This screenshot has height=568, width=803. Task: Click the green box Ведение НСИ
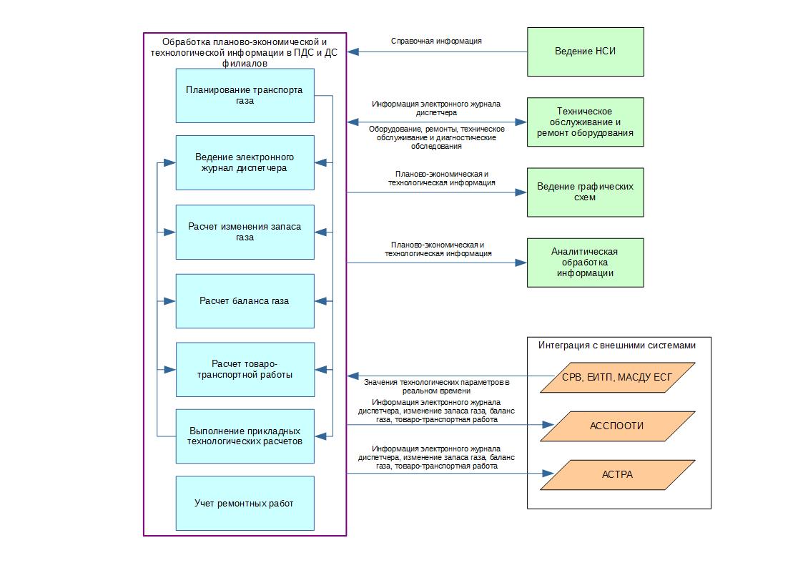click(x=586, y=52)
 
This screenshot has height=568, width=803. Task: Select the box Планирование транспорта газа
click(x=245, y=95)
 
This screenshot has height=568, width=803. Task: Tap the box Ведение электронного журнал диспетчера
click(x=245, y=163)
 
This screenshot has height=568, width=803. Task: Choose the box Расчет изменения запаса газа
click(x=245, y=232)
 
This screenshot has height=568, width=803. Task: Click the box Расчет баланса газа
click(x=245, y=301)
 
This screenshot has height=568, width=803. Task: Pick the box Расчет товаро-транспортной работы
click(x=245, y=369)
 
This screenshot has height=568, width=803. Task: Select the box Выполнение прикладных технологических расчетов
click(x=245, y=436)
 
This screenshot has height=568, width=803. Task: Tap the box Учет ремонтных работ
click(x=245, y=504)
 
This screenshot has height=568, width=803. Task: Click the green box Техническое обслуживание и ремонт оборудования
click(x=586, y=122)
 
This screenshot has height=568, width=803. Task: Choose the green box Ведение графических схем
click(x=586, y=192)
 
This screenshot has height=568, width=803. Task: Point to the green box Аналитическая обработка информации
click(x=586, y=263)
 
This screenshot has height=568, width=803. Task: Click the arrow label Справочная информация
click(x=436, y=41)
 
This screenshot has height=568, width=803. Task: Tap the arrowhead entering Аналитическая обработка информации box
click(x=521, y=263)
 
